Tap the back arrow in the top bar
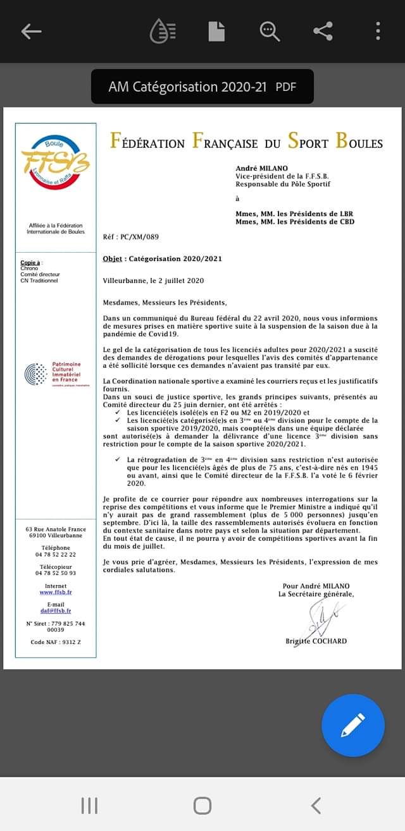point(31,31)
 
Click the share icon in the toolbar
point(323,31)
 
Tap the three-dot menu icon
point(378,31)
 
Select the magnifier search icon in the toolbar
point(270,31)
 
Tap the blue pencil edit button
point(352,725)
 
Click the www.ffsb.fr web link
point(56,592)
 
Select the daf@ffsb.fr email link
point(56,611)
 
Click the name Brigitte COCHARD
point(316,641)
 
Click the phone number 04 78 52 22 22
point(56,554)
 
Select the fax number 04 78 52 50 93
point(56,573)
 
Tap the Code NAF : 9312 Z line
point(56,642)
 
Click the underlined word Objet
point(112,258)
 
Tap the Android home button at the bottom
point(202,805)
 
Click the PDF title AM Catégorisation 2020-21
point(187,87)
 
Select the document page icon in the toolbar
point(216,31)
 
